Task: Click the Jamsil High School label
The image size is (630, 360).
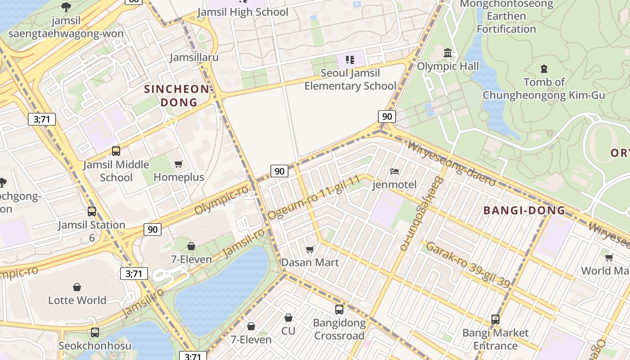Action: click(243, 12)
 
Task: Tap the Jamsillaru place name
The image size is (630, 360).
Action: click(194, 57)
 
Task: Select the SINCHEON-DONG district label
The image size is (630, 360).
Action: click(178, 96)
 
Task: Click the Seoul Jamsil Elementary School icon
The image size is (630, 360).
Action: click(350, 59)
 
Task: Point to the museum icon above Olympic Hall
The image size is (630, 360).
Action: click(448, 53)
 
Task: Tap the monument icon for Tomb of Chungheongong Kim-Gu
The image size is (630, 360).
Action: click(544, 69)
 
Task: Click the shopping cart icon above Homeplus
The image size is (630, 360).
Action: click(179, 164)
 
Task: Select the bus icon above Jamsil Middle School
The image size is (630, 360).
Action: click(116, 151)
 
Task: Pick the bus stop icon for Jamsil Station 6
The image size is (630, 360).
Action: click(92, 211)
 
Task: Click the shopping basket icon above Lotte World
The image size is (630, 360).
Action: click(77, 287)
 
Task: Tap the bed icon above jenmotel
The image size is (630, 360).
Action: click(395, 171)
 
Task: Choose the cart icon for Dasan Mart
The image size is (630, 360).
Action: click(310, 249)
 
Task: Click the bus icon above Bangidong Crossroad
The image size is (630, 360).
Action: click(339, 310)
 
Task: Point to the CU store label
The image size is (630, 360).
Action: click(288, 331)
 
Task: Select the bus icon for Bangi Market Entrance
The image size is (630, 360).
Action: click(495, 319)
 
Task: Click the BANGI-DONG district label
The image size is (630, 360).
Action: click(524, 210)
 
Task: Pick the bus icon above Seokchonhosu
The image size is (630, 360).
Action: click(95, 333)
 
